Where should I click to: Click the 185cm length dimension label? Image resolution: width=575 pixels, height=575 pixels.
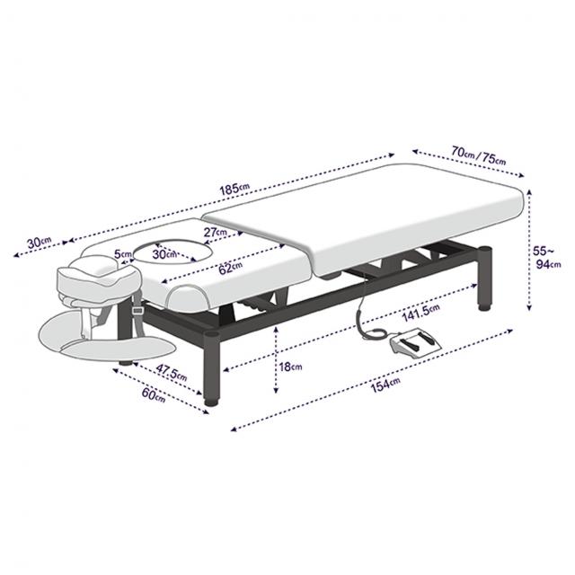234,189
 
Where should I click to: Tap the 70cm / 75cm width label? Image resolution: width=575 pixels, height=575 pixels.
479,155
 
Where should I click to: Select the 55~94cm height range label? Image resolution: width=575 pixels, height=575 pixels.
547,258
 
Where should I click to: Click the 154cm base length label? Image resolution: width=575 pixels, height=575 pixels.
385,385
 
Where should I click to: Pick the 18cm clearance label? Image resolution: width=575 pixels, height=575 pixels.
290,367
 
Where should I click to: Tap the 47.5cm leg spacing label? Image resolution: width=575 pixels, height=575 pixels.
172,372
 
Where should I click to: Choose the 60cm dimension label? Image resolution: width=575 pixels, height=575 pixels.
154,394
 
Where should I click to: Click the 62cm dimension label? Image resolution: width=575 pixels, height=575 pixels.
230,268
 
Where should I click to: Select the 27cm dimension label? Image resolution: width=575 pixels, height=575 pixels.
216,232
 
